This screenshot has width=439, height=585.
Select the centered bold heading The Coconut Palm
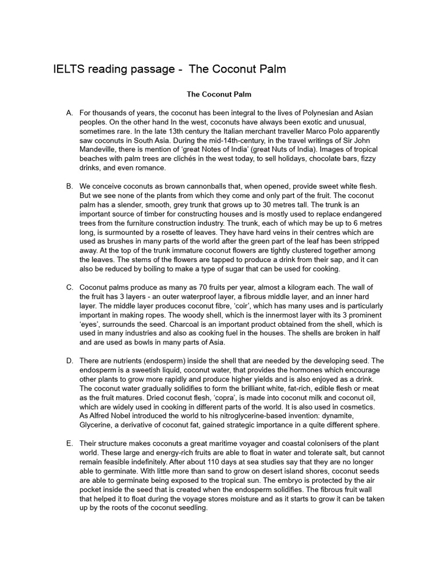click(x=219, y=94)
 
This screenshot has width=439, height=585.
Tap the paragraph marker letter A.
click(x=69, y=113)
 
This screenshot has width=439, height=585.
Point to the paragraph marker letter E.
click(x=69, y=444)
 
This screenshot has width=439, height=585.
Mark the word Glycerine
click(x=98, y=424)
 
